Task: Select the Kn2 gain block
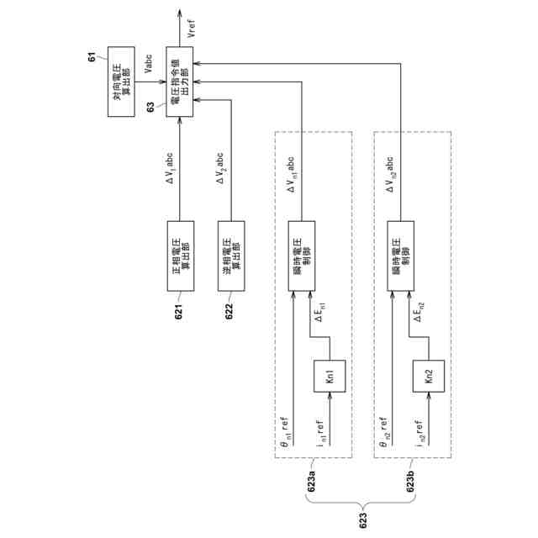pos(425,376)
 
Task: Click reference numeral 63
pos(150,106)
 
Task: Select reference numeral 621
pos(179,314)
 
